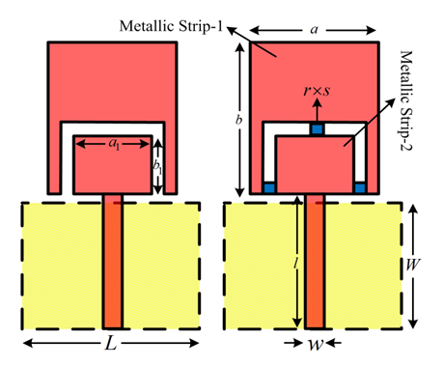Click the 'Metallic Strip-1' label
click(171, 26)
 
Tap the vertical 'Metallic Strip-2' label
click(406, 100)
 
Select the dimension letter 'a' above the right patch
click(314, 30)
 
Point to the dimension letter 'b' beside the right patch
click(238, 120)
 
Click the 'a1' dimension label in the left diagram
click(114, 143)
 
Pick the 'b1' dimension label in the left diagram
click(157, 167)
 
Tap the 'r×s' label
click(317, 91)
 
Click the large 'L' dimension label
click(111, 343)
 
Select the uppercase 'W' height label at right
click(413, 265)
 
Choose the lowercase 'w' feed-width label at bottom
click(316, 344)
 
